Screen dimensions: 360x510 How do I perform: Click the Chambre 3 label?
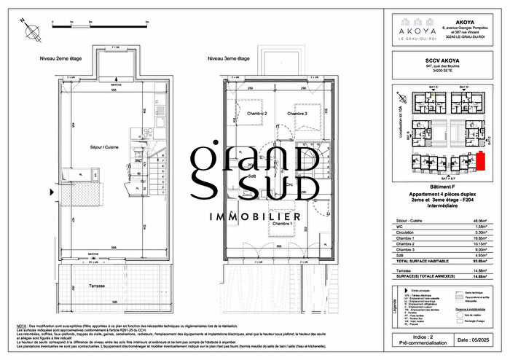point(297,114)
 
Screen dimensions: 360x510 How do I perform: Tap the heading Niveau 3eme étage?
point(228,58)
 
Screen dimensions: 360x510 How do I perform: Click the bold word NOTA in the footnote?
point(23,325)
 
